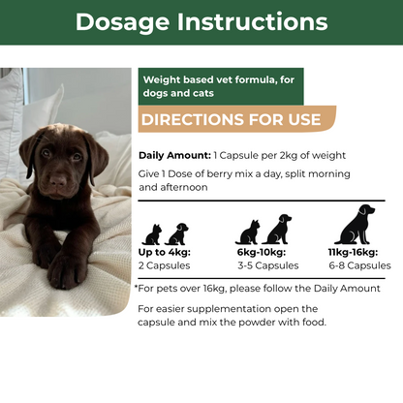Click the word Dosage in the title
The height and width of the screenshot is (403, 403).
point(122,22)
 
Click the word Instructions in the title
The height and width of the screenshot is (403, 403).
point(253,21)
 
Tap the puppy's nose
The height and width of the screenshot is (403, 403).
point(58,182)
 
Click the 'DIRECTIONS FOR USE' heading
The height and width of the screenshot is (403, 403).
point(232,119)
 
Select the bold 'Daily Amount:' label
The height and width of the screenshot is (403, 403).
point(174,156)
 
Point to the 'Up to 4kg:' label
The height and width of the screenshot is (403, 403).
point(165,252)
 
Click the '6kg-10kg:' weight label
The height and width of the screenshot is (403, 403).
point(262,252)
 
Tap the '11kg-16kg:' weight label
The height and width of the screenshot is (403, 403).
point(353,252)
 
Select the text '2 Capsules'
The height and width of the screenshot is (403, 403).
point(165,265)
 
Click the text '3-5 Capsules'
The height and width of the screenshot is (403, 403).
point(268,265)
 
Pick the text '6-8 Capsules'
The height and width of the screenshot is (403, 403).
point(360,265)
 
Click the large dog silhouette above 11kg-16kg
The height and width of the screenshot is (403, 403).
point(355,225)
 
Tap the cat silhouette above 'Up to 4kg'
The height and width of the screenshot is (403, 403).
point(152,234)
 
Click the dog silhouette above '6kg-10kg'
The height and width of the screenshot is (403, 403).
point(277,229)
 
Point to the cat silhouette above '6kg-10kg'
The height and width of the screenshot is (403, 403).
point(248,232)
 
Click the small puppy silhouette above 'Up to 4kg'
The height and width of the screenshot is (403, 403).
point(176,234)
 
